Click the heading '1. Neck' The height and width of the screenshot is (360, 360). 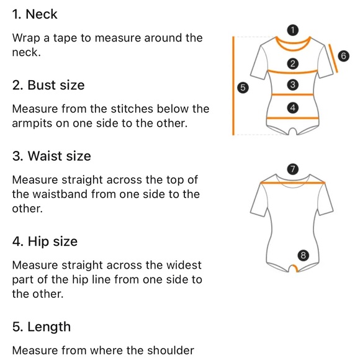pyautogui.click(x=35, y=14)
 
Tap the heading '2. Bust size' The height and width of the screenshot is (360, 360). pyautogui.click(x=48, y=85)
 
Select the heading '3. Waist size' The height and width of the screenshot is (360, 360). pyautogui.click(x=52, y=156)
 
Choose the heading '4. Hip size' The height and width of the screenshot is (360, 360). pyautogui.click(x=45, y=241)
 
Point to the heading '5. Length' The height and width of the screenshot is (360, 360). pyautogui.click(x=42, y=327)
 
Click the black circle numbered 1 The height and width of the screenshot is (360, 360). pyautogui.click(x=293, y=30)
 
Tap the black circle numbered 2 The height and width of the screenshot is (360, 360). pyautogui.click(x=293, y=63)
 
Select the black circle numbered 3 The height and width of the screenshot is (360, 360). pyautogui.click(x=293, y=84)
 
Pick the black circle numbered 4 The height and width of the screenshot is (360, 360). pyautogui.click(x=293, y=107)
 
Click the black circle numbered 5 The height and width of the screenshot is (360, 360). pyautogui.click(x=243, y=88)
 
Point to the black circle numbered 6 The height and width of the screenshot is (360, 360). pyautogui.click(x=343, y=56)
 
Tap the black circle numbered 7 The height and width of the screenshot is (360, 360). pyautogui.click(x=293, y=169)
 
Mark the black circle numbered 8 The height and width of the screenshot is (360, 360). pyautogui.click(x=303, y=255)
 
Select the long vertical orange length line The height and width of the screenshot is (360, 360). pyautogui.click(x=233, y=86)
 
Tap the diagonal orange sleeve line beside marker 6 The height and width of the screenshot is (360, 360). pyautogui.click(x=333, y=58)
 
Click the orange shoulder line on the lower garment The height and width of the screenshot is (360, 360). pyautogui.click(x=293, y=183)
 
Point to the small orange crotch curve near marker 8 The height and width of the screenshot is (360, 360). pyautogui.click(x=295, y=268)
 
